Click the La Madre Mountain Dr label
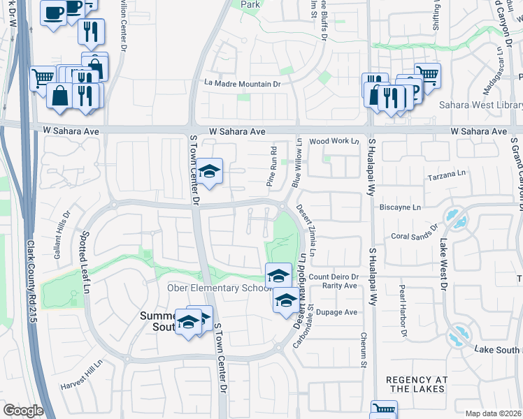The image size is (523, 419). click(x=242, y=84)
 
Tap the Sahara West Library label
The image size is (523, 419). click(x=480, y=105)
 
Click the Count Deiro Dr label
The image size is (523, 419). click(x=334, y=277)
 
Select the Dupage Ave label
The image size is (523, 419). click(x=339, y=312)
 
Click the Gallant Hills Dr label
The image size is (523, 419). click(x=62, y=236)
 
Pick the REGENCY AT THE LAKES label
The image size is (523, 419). click(x=416, y=383)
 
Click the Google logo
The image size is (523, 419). click(x=23, y=411)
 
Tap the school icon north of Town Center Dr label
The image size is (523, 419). click(x=208, y=172)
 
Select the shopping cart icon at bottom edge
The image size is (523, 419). click(x=383, y=411)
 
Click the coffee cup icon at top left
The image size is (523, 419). click(x=53, y=13)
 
